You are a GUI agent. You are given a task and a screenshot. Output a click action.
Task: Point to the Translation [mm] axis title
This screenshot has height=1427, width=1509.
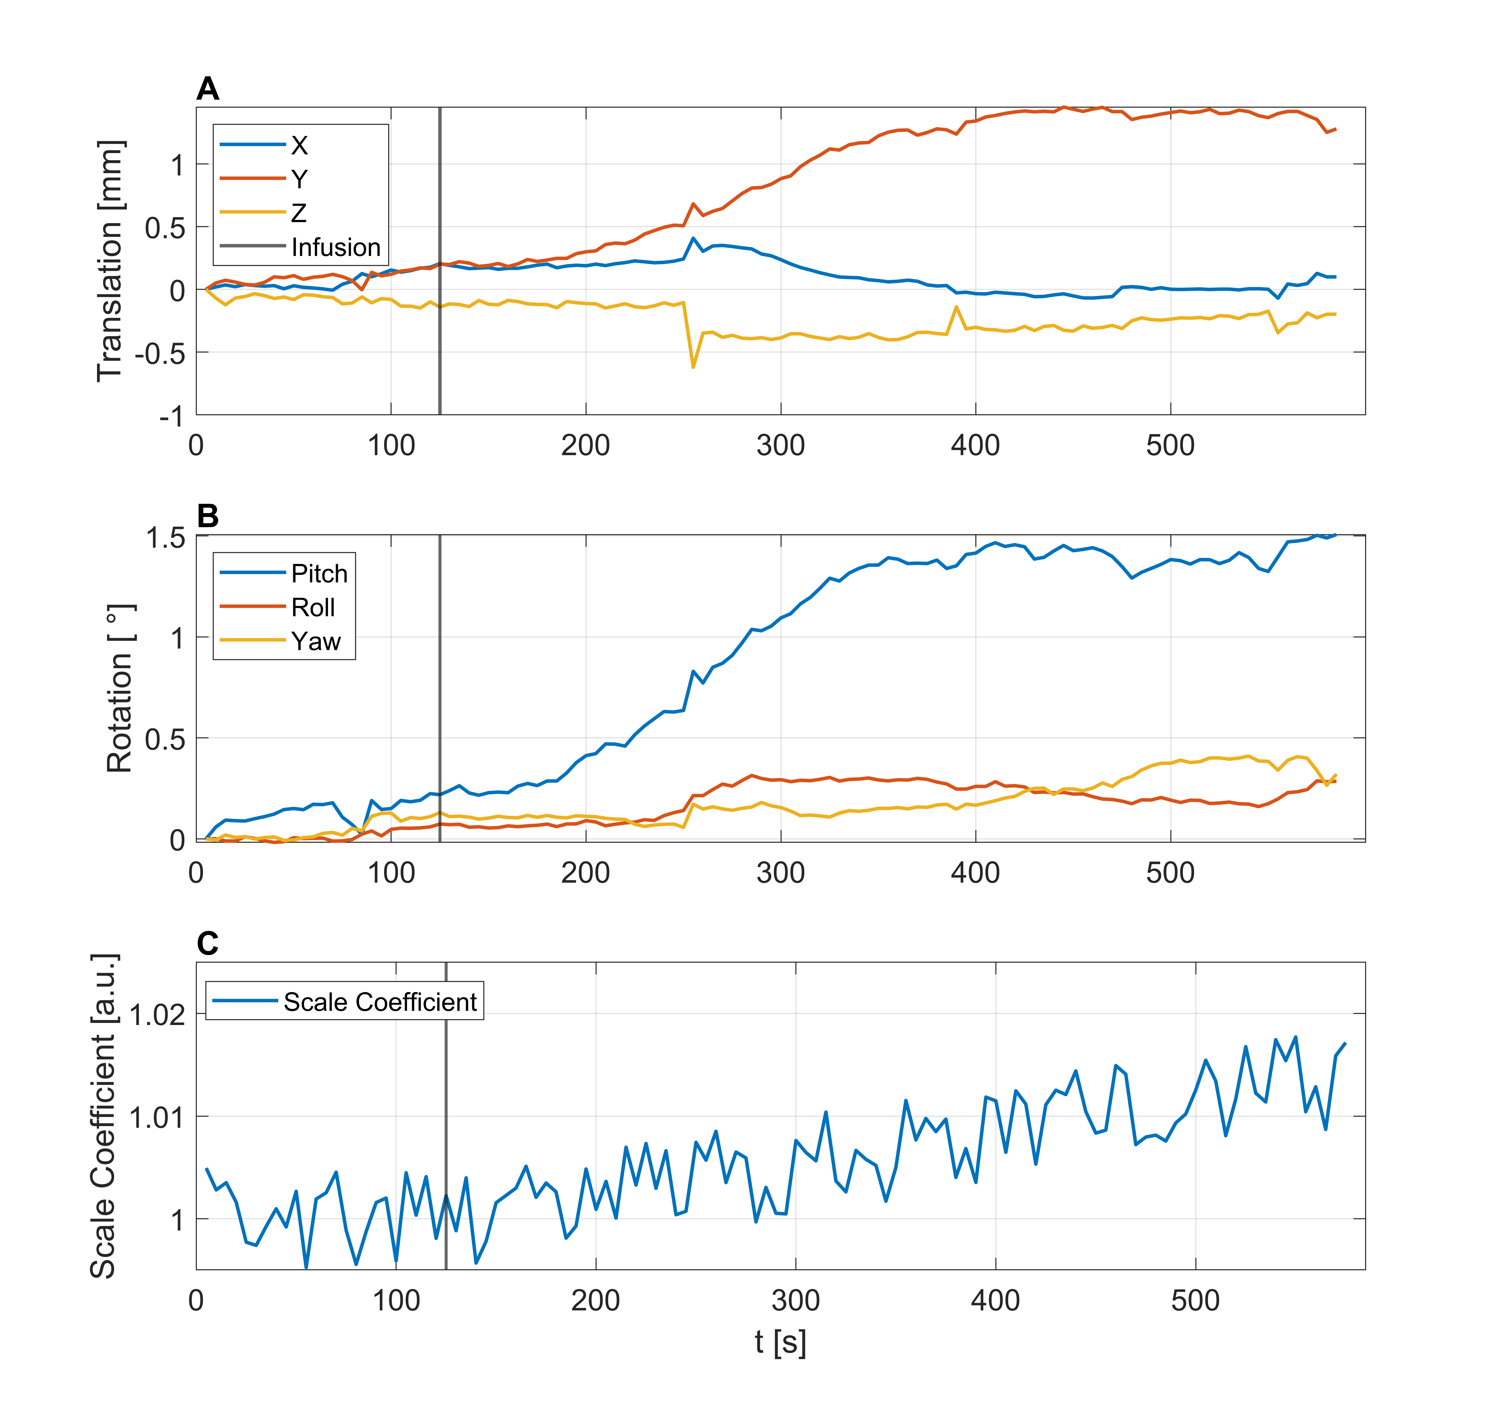pyautogui.click(x=110, y=261)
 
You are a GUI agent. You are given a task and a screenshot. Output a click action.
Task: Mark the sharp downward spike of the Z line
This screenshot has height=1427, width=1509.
pyautogui.click(x=693, y=367)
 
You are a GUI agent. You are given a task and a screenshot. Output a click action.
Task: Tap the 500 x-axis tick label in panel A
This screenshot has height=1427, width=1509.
pyautogui.click(x=1170, y=445)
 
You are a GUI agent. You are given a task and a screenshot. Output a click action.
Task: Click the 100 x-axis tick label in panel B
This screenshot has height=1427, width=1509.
pyautogui.click(x=391, y=872)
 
